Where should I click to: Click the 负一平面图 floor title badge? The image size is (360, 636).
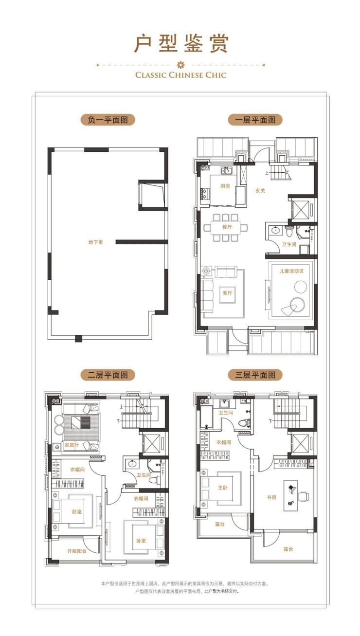tap(108, 120)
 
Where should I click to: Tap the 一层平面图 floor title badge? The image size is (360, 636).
tap(255, 120)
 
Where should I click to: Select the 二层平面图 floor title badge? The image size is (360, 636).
tap(108, 375)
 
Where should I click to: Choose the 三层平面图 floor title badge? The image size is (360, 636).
tap(255, 375)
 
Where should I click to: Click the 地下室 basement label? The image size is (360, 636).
tap(96, 242)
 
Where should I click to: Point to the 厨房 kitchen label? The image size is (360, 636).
tap(225, 186)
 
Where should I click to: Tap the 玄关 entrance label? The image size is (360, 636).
tap(260, 191)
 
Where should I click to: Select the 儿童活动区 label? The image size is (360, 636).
tap(291, 271)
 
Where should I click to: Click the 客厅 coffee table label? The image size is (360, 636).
tap(227, 293)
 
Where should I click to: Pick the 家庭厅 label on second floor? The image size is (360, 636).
tap(72, 445)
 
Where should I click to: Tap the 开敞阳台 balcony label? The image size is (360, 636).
tap(77, 551)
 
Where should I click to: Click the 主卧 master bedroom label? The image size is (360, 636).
tap(223, 487)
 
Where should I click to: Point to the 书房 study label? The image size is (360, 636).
tap(271, 497)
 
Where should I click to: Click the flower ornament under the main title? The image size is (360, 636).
tap(180, 65)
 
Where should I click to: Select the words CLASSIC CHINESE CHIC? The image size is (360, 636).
tap(180, 75)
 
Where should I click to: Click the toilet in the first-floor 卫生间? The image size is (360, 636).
tap(289, 232)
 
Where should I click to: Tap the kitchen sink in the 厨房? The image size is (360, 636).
tap(227, 170)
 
